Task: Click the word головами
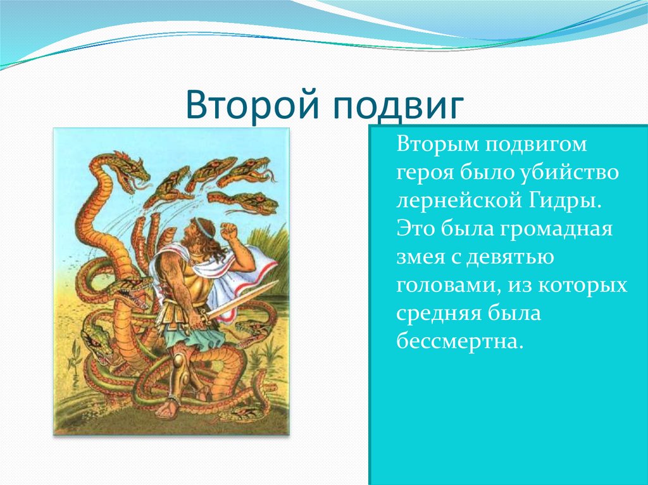coord(447,286)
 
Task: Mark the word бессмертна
coord(460,341)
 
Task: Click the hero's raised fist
coord(228,231)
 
